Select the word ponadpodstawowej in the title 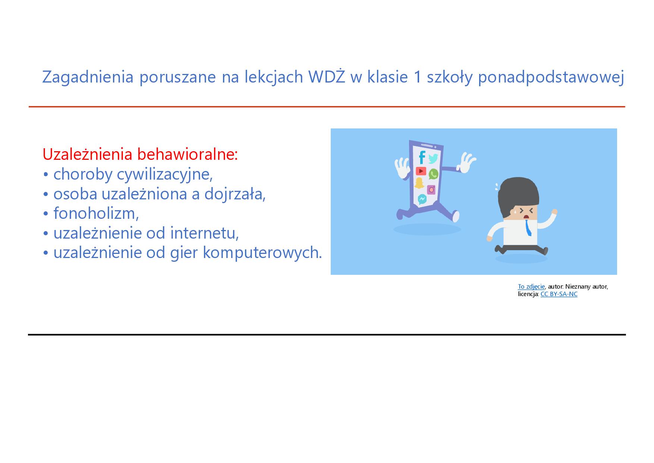click(551, 77)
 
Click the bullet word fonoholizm click(96, 213)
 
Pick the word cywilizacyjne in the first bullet click(165, 174)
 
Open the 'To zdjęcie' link click(531, 287)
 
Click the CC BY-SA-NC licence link click(559, 294)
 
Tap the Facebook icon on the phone click(422, 157)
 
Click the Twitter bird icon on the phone click(433, 159)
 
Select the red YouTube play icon click(421, 171)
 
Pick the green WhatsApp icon click(433, 174)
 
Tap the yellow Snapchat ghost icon click(420, 183)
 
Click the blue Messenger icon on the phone click(422, 199)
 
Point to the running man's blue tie click(528, 228)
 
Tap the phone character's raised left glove click(402, 168)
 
